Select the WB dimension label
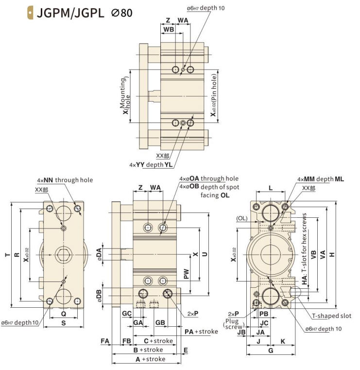[169, 30]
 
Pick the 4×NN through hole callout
[65, 180]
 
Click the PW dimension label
[186, 275]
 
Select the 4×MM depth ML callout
[320, 179]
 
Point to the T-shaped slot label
[332, 316]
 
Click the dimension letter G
[271, 351]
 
